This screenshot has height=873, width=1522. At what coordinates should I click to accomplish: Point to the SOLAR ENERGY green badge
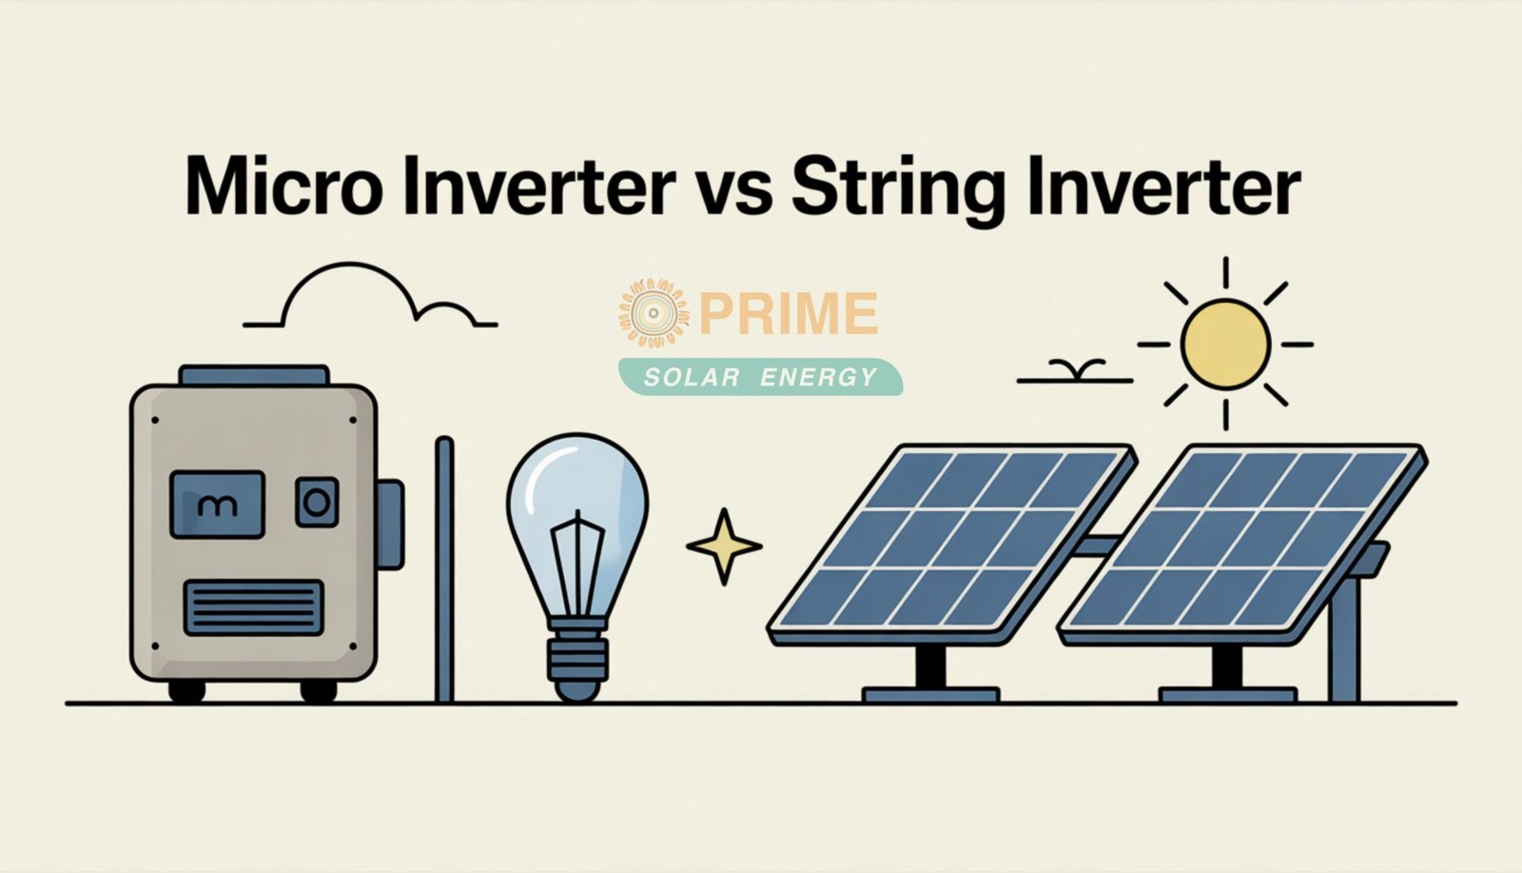760,377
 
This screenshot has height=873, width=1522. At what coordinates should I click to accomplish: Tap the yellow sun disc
1225,343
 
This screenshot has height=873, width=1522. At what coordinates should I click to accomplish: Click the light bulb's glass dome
576,505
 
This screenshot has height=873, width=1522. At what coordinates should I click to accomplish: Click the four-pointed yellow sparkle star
724,546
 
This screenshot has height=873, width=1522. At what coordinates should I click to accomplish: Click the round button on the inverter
317,502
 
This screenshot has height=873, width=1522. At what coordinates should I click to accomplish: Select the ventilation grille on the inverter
253,607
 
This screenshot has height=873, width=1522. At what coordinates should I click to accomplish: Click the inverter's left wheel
186,689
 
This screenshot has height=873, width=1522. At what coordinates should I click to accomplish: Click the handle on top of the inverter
253,375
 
